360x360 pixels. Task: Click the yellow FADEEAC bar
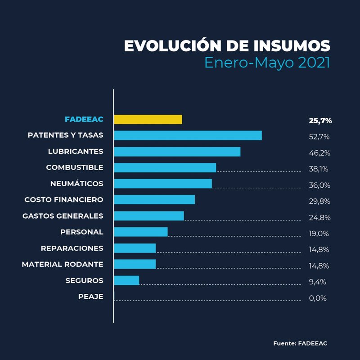pos(148,119)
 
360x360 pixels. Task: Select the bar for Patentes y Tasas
pos(188,135)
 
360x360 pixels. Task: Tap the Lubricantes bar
pos(177,152)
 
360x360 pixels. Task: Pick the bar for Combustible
pos(165,167)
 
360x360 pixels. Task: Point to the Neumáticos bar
pos(162,184)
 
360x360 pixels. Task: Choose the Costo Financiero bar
pos(154,199)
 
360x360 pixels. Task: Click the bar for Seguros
pos(126,280)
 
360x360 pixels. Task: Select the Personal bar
pos(140,232)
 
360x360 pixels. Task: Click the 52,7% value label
pos(319,137)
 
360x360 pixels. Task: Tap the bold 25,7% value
pos(320,121)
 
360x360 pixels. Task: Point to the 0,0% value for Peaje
pos(318,298)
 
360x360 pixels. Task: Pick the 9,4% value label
pos(317,282)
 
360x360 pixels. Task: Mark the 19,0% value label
pos(319,234)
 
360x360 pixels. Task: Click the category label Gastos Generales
pos(63,216)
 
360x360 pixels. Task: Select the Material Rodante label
pos(63,264)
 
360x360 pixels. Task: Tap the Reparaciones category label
pos(72,248)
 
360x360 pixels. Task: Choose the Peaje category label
pos(90,297)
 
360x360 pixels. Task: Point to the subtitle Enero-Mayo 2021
pos(267,63)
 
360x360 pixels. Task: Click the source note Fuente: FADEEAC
pos(300,343)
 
